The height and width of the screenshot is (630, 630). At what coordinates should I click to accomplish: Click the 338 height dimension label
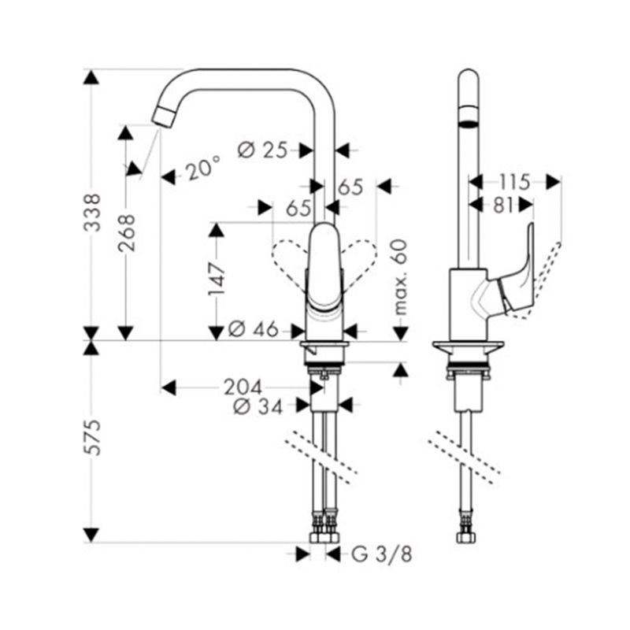(91, 212)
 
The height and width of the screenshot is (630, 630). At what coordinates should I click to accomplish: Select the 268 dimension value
(126, 233)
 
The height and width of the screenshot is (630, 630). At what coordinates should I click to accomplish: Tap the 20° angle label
(203, 168)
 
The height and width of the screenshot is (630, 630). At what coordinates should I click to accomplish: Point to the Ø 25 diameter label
(263, 150)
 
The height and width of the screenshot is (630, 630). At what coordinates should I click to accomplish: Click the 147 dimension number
(217, 279)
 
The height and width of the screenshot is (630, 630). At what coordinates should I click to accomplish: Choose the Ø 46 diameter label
(253, 330)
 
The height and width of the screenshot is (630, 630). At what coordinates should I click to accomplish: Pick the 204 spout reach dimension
(243, 387)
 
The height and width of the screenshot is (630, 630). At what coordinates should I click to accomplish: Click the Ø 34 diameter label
(258, 407)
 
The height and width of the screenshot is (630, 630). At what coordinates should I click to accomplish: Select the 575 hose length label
(91, 438)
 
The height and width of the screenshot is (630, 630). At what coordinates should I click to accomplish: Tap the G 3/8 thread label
(382, 555)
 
